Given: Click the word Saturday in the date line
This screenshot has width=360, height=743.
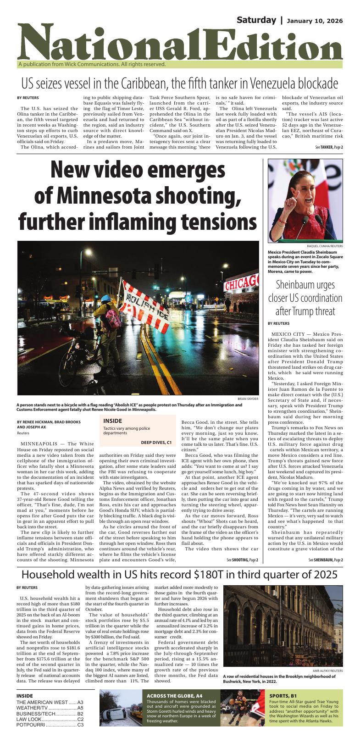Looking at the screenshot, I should coord(256,20).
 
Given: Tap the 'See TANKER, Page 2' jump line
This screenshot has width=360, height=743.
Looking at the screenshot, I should coord(329,147).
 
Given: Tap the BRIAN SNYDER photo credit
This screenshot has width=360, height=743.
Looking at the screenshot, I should coord(248,399).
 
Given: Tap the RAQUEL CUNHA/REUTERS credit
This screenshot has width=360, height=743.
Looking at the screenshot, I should coord(325,246).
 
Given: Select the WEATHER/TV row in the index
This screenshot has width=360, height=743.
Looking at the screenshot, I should coord(50,708).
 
